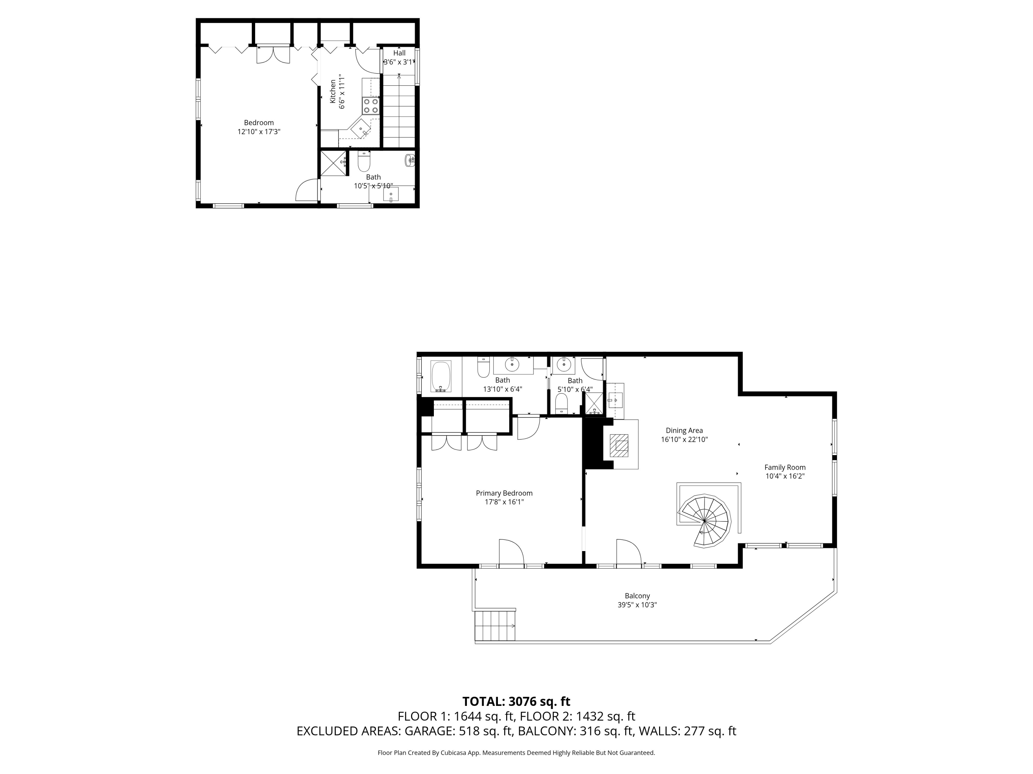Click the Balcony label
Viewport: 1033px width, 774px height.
637,596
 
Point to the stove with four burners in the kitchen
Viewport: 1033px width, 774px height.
371,106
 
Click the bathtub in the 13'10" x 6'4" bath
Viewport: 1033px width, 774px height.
440,376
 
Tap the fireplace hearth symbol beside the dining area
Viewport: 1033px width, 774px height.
621,444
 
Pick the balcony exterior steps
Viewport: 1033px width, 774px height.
495,626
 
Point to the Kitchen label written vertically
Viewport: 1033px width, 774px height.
333,92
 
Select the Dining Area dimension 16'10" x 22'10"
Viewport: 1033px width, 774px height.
684,440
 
